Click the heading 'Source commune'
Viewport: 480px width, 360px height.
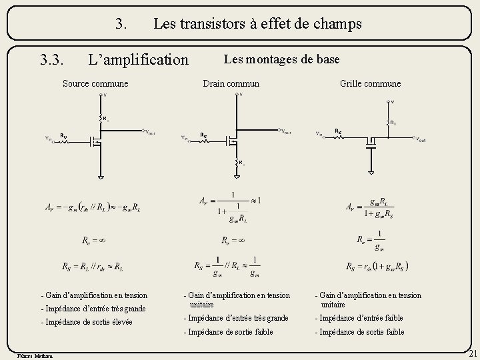[95, 83]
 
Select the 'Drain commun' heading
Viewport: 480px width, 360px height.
[231, 83]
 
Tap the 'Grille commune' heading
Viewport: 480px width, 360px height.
[370, 83]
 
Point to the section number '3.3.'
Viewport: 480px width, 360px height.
[51, 60]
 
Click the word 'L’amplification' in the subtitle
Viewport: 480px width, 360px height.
[139, 60]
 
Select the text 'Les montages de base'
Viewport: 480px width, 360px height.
[282, 59]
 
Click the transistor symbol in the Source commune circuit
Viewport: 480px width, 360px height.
[96, 141]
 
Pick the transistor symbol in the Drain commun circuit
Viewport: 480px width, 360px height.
[233, 140]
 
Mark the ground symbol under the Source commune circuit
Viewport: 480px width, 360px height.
[101, 177]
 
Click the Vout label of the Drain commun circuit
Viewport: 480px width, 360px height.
[285, 131]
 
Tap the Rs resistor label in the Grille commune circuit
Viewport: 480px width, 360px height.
[339, 131]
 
